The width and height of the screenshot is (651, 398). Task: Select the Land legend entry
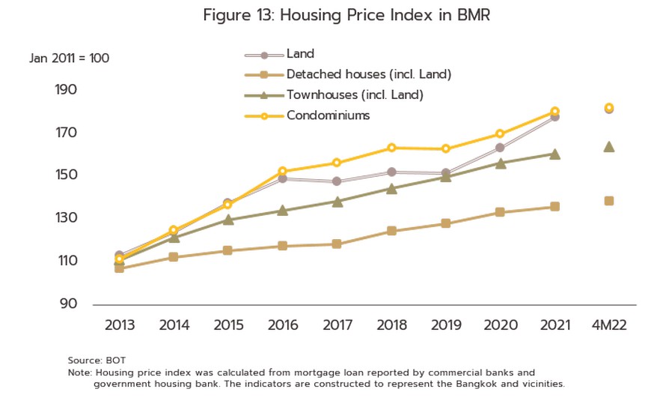point(300,54)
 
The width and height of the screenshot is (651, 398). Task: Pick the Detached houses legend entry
point(368,74)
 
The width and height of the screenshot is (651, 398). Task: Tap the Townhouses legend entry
point(355,94)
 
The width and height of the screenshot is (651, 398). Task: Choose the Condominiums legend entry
point(328,115)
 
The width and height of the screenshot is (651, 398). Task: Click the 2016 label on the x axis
point(282,325)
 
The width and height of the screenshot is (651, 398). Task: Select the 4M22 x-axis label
point(608,325)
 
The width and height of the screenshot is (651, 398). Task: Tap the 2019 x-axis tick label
point(445,325)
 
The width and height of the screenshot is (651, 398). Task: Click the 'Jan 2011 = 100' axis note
point(70,58)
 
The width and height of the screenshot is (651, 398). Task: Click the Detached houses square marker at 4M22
point(609,201)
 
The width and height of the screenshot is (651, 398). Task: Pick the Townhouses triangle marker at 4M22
point(609,147)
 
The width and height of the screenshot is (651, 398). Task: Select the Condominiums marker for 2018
point(391,148)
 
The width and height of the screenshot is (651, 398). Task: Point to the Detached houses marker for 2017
point(337,244)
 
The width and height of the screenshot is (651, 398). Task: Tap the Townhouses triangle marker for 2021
point(554,154)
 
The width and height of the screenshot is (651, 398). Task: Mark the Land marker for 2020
point(500,148)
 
